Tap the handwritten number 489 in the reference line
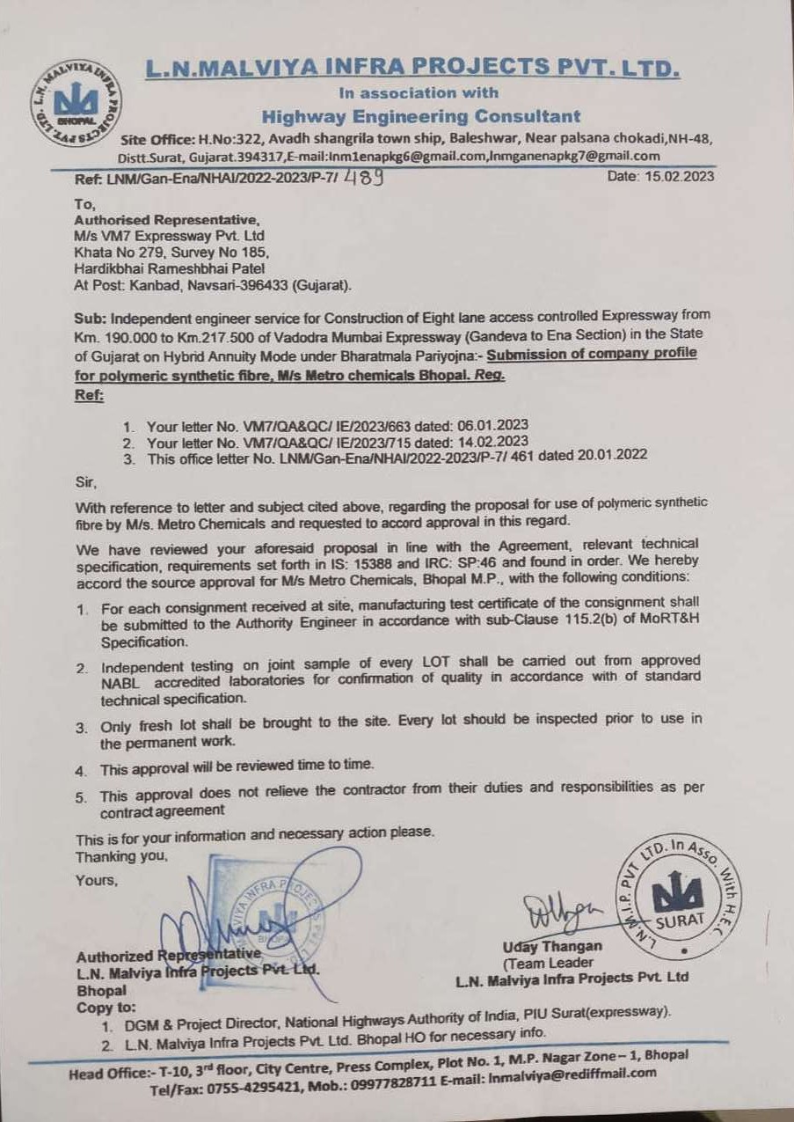[x=362, y=176]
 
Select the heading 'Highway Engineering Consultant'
[x=421, y=116]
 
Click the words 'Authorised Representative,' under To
[x=168, y=220]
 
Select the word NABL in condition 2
[x=121, y=677]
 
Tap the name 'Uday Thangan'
[x=553, y=946]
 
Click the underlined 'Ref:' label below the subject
[x=89, y=397]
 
